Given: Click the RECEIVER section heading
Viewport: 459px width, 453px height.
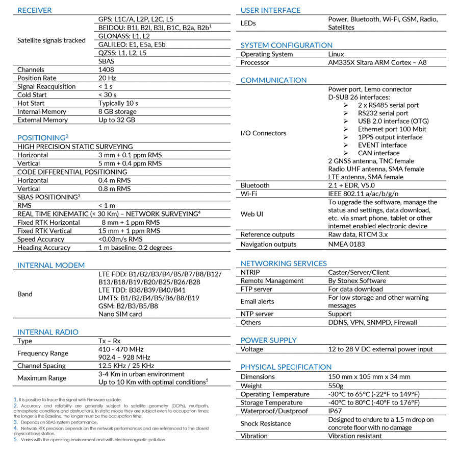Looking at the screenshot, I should pos(34,10).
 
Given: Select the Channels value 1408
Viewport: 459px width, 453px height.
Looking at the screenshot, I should pos(106,69).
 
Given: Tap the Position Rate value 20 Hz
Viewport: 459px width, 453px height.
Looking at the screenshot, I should pos(107,78).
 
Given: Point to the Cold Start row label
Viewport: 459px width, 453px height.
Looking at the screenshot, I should pos(32,95).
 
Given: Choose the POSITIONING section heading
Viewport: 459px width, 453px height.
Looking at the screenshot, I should pos(41,138).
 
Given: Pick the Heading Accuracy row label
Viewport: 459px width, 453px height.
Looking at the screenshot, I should pos(44,248).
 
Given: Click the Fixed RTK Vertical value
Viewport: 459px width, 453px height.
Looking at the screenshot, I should pos(129,231).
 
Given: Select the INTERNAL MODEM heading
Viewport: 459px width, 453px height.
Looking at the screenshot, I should pos(51,266).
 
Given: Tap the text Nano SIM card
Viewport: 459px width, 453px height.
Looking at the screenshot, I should pos(120,314).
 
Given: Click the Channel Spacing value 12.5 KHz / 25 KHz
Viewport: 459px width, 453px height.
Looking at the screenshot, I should pos(126,366).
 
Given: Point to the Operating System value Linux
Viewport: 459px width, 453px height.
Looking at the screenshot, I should pos(336,54).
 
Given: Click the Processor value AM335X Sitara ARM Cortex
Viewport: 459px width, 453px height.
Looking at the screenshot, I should pos(377,63).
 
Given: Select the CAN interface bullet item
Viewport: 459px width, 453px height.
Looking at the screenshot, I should pos(378,153).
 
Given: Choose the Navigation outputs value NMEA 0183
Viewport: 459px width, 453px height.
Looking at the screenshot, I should pos(346,244).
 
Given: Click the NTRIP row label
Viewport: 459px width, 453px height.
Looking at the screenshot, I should pos(250,272).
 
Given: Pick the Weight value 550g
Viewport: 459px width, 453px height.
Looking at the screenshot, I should pos(336,386).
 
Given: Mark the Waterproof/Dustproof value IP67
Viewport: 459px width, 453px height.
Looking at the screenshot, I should pos(335,411).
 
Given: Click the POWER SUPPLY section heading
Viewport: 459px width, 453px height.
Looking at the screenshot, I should pos(268,340).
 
